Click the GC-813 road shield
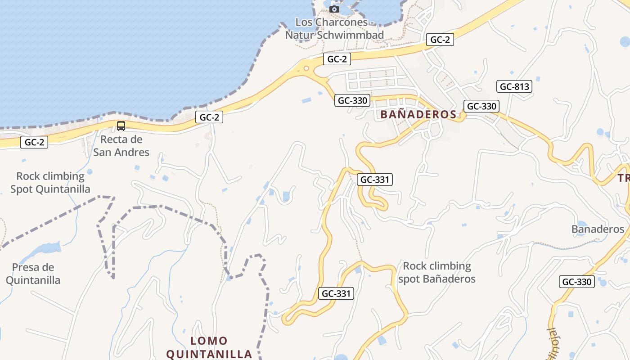click(x=514, y=86)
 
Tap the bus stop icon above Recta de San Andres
click(x=121, y=126)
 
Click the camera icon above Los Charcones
click(x=334, y=9)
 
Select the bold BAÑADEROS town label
click(x=418, y=114)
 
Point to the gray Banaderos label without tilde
click(x=598, y=229)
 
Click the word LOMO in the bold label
click(x=209, y=341)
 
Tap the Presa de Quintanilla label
click(x=33, y=274)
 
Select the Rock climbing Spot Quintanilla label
click(x=50, y=183)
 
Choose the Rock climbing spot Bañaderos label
click(x=436, y=272)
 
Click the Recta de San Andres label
click(x=121, y=146)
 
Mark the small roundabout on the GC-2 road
click(x=306, y=68)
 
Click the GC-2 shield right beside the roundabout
click(x=337, y=59)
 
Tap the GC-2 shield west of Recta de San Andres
click(x=34, y=143)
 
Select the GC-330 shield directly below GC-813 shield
click(x=481, y=106)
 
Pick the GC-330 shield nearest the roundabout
click(x=352, y=100)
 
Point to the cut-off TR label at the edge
click(x=624, y=178)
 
